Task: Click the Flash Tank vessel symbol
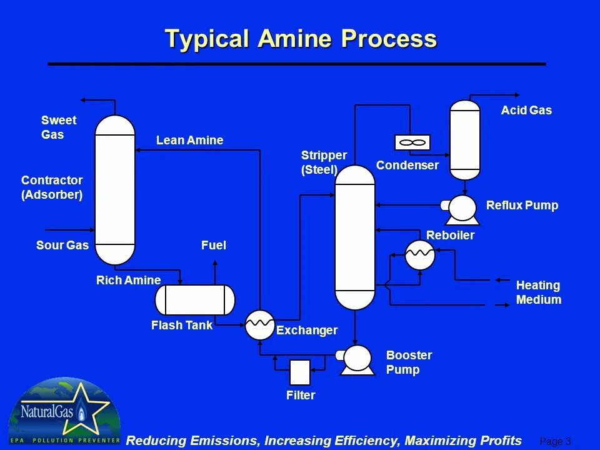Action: pos(195,299)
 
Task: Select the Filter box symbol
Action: pos(300,372)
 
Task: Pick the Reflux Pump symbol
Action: pos(462,208)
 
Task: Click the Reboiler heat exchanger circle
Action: pos(419,254)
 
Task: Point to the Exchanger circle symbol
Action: pos(259,324)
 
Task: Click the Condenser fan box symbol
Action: pos(412,142)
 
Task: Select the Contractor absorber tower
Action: pos(115,189)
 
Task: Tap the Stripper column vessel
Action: pos(355,237)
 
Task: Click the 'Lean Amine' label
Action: pos(189,141)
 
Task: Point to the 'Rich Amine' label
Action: pos(128,280)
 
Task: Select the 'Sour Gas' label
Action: pos(62,246)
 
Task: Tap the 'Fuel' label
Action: pos(214,246)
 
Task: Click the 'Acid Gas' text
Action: pos(526,111)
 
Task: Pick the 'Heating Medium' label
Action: pos(538,292)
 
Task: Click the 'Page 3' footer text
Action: pos(555,442)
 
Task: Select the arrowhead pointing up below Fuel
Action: pos(215,264)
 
